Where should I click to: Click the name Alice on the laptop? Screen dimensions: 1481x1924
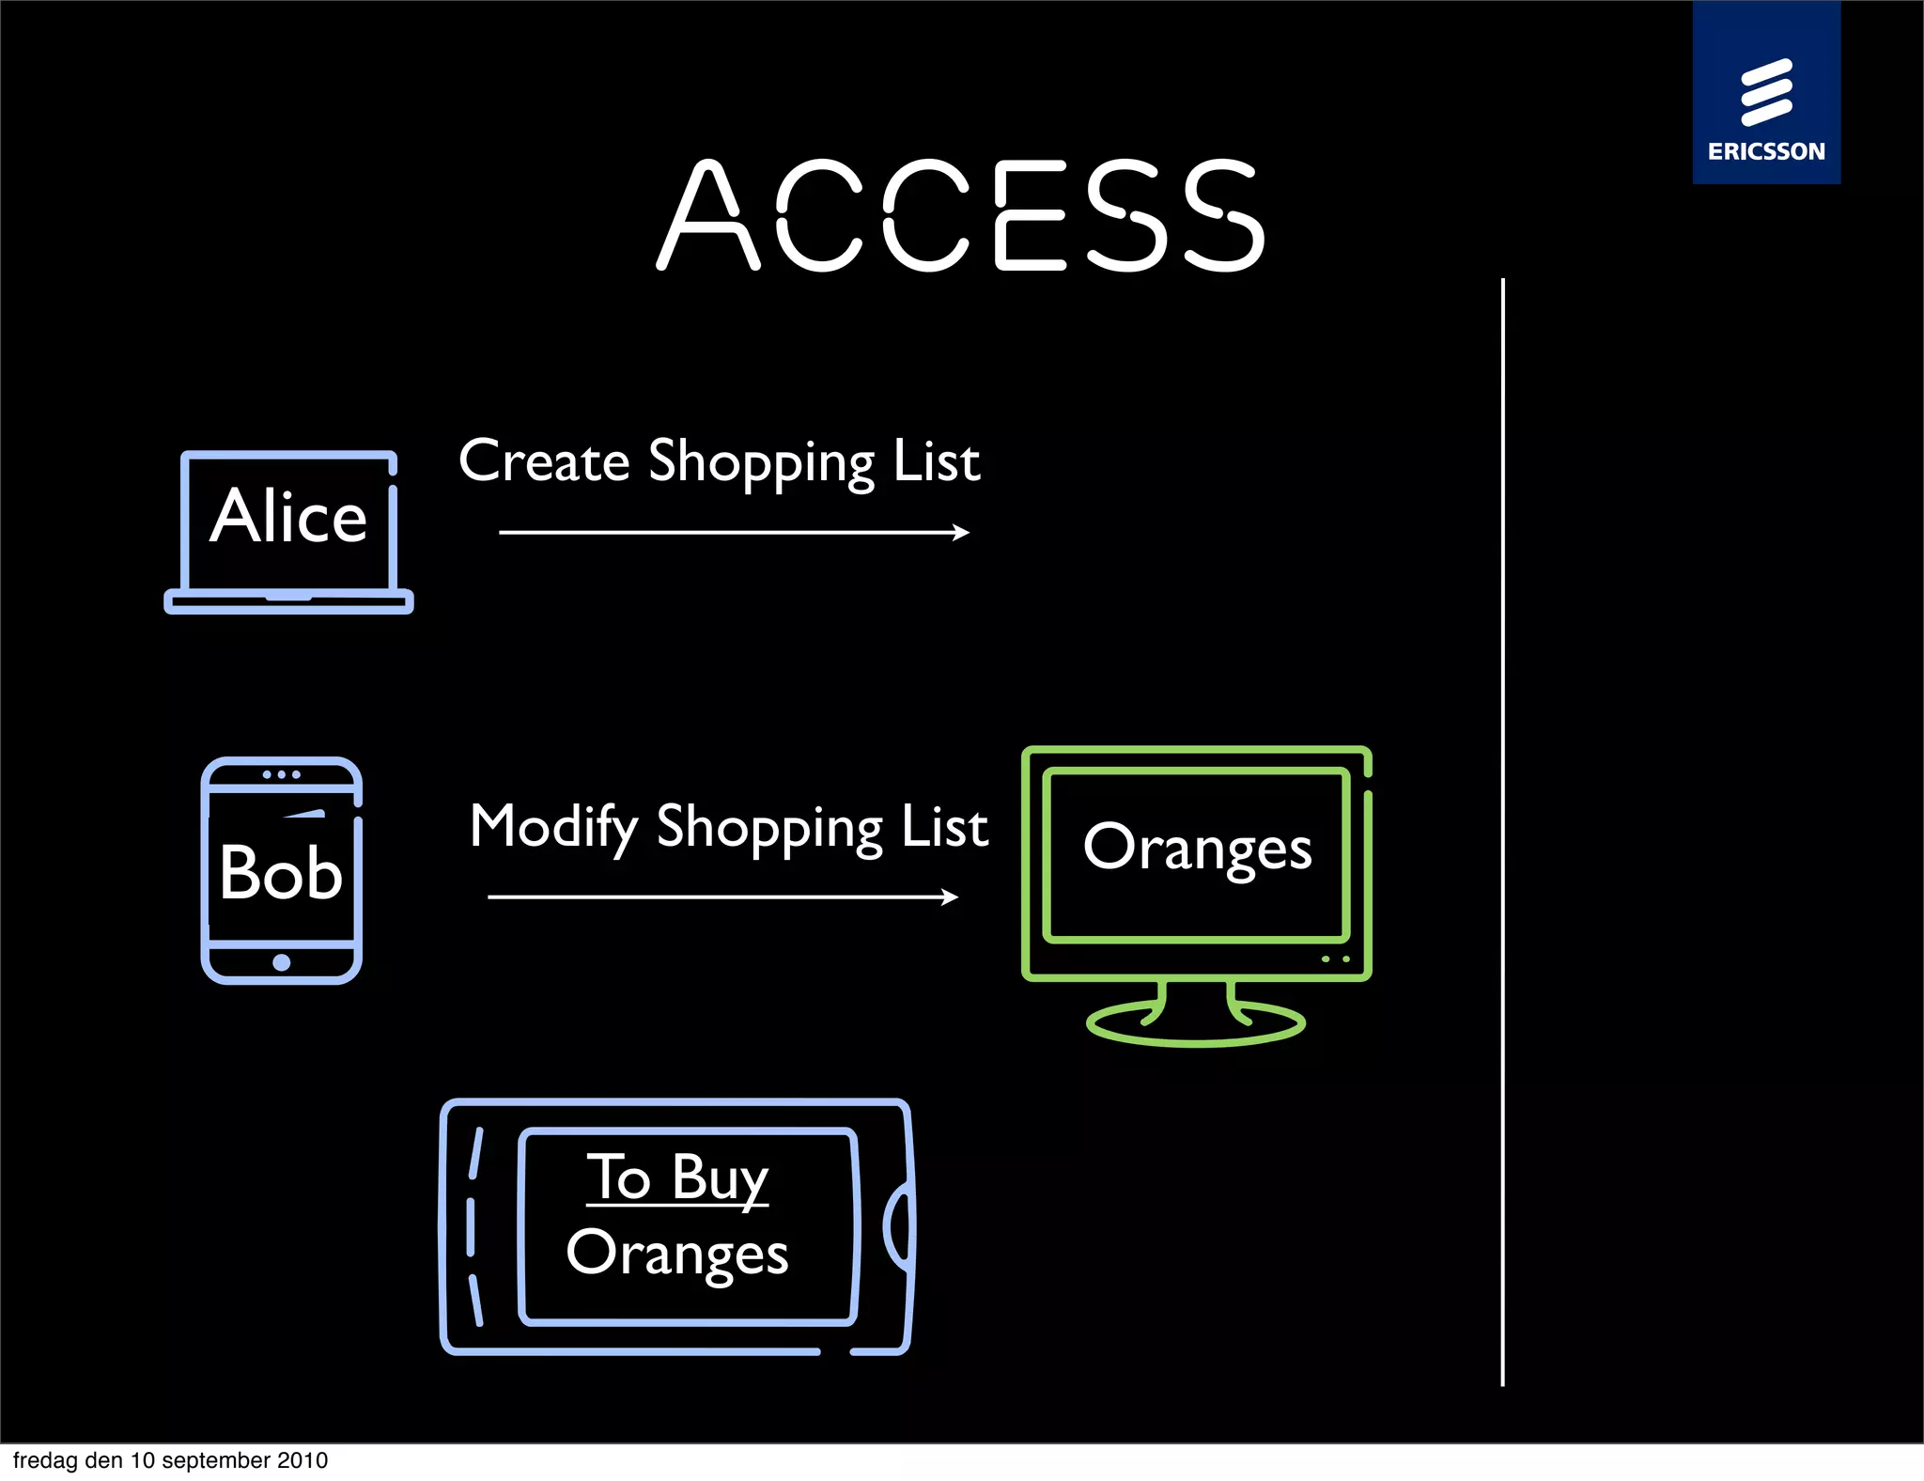coord(288,516)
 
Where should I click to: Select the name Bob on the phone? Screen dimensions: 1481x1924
coord(281,872)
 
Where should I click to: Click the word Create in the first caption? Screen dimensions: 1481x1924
coord(544,461)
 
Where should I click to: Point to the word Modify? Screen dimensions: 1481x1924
coord(553,828)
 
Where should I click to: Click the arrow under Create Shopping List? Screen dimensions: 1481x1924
coord(734,533)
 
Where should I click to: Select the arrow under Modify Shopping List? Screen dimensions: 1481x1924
coord(722,897)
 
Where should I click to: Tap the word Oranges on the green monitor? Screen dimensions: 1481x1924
coord(1197,848)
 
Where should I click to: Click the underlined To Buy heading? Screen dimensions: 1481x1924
coord(677,1177)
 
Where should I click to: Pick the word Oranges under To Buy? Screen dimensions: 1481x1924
coord(677,1254)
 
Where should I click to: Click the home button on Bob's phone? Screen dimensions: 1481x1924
coord(281,962)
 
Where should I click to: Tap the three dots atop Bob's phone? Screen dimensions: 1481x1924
coord(281,774)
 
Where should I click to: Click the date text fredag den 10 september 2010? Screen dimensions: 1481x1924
coord(170,1460)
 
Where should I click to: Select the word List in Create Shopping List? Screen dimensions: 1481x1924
coord(937,461)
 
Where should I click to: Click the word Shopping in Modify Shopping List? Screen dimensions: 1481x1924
coord(769,828)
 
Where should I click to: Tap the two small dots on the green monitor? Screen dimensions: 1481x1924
coord(1336,959)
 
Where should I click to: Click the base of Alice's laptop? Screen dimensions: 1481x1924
coord(288,601)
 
